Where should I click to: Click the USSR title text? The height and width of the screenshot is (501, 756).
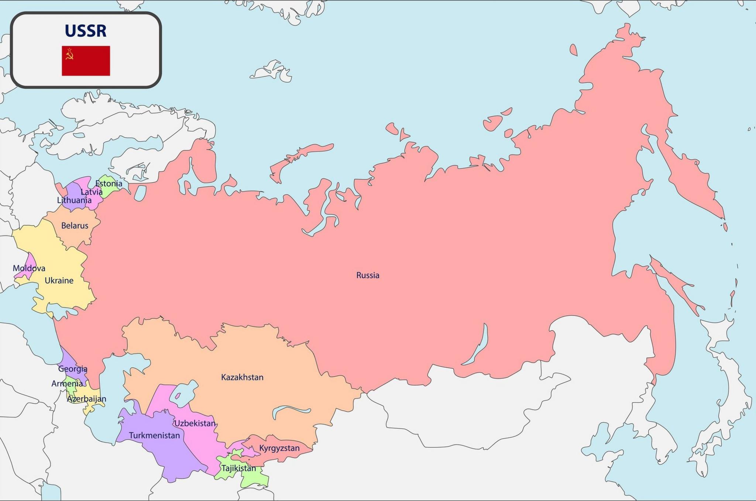coord(86,31)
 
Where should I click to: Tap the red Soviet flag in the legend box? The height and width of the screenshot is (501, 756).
coord(86,61)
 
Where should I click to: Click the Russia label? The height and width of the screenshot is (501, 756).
coord(368,275)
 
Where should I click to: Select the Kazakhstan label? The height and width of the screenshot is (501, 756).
coord(242,377)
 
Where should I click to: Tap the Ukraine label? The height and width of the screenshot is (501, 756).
coord(59,281)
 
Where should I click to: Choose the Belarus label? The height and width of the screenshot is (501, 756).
coord(75,226)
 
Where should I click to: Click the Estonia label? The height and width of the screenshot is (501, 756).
coord(109,184)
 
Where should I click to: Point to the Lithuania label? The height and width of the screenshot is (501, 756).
coord(74,200)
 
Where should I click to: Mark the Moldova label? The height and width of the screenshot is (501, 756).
coord(29,269)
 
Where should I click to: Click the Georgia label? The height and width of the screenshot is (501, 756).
coord(73,369)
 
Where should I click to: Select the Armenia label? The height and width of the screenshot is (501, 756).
coord(67,384)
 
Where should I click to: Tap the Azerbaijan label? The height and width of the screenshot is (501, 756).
coord(86,399)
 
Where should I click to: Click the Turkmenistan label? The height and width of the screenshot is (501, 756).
coord(154,436)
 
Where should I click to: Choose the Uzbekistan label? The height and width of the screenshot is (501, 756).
coord(195,424)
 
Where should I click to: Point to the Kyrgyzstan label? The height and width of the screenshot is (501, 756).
coord(279,448)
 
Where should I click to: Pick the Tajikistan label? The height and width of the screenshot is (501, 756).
coord(238,469)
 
